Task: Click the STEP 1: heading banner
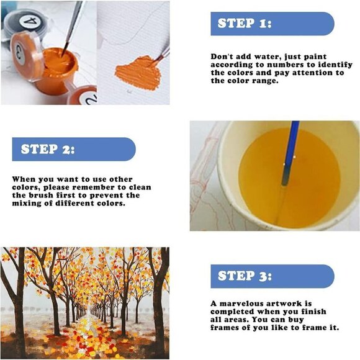click(272, 24)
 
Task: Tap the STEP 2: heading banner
click(74, 149)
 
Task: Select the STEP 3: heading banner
click(272, 276)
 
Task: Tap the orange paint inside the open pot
click(60, 61)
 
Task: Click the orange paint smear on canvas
click(138, 73)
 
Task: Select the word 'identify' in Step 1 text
click(335, 65)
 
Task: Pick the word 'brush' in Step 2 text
click(40, 196)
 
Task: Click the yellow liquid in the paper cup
click(289, 179)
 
